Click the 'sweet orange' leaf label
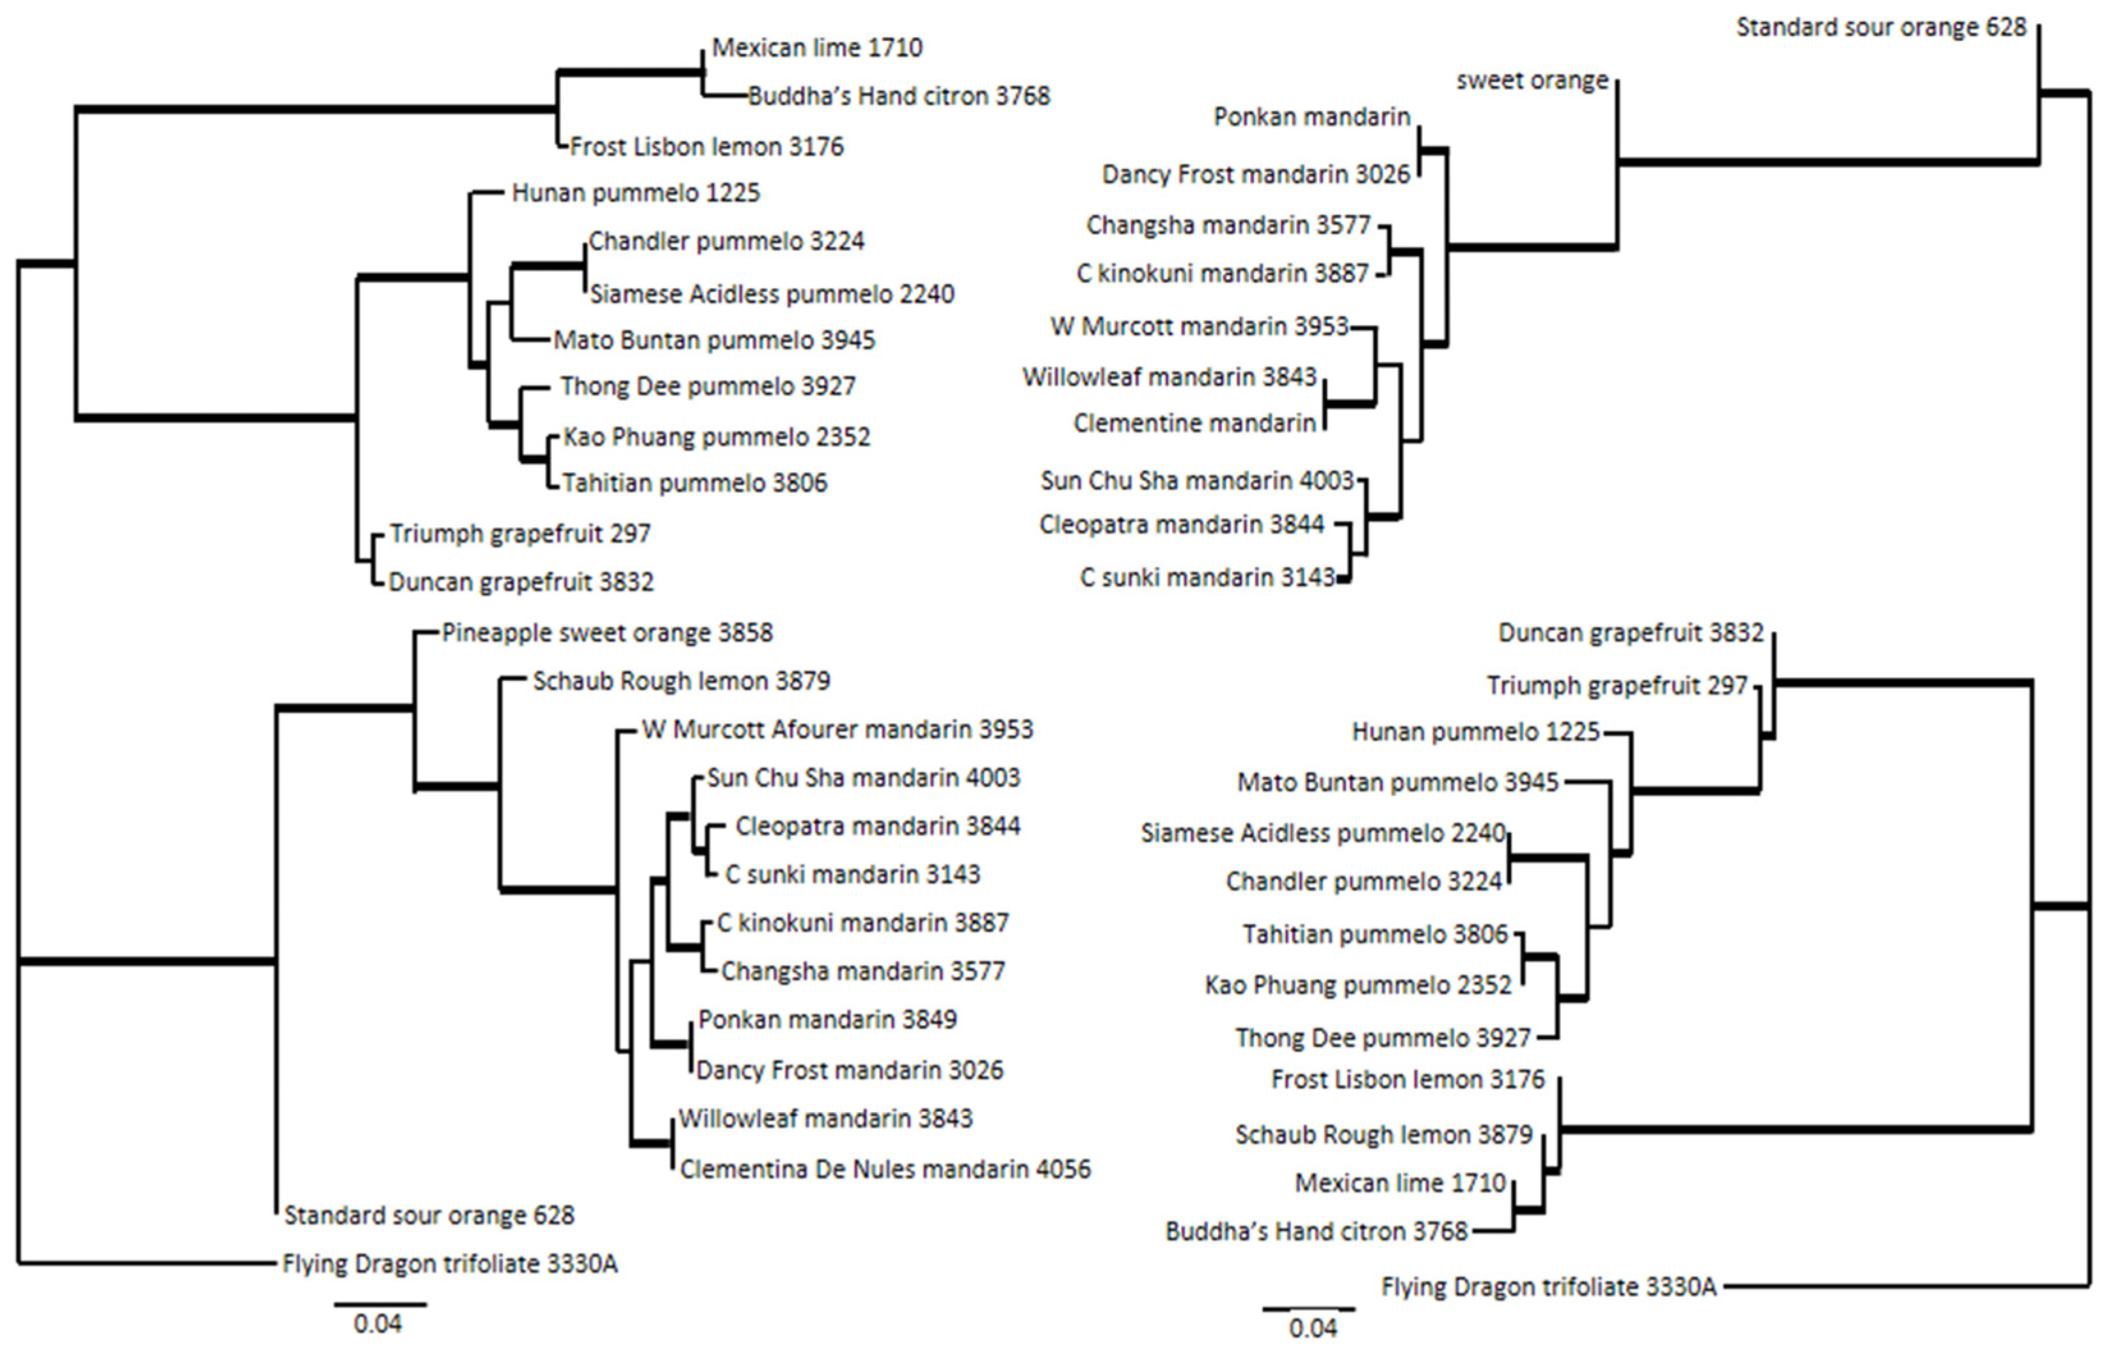(1532, 81)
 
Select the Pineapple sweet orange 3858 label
(606, 633)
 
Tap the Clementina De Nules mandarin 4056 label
(885, 1170)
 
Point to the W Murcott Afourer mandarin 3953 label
(837, 729)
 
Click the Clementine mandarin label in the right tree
(1194, 423)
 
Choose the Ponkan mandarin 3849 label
(827, 1019)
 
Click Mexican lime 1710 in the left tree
(816, 47)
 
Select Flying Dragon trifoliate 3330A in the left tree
(449, 1264)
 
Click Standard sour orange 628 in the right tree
(1881, 28)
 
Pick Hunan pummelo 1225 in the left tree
(635, 193)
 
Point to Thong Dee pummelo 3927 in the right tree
(1383, 1038)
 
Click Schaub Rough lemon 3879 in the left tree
(681, 681)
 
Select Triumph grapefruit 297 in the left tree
(519, 534)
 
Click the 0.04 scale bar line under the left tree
(380, 1305)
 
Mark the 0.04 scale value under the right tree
(1313, 1328)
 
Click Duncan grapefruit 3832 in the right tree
(1629, 633)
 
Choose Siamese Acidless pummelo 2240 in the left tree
(772, 294)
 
